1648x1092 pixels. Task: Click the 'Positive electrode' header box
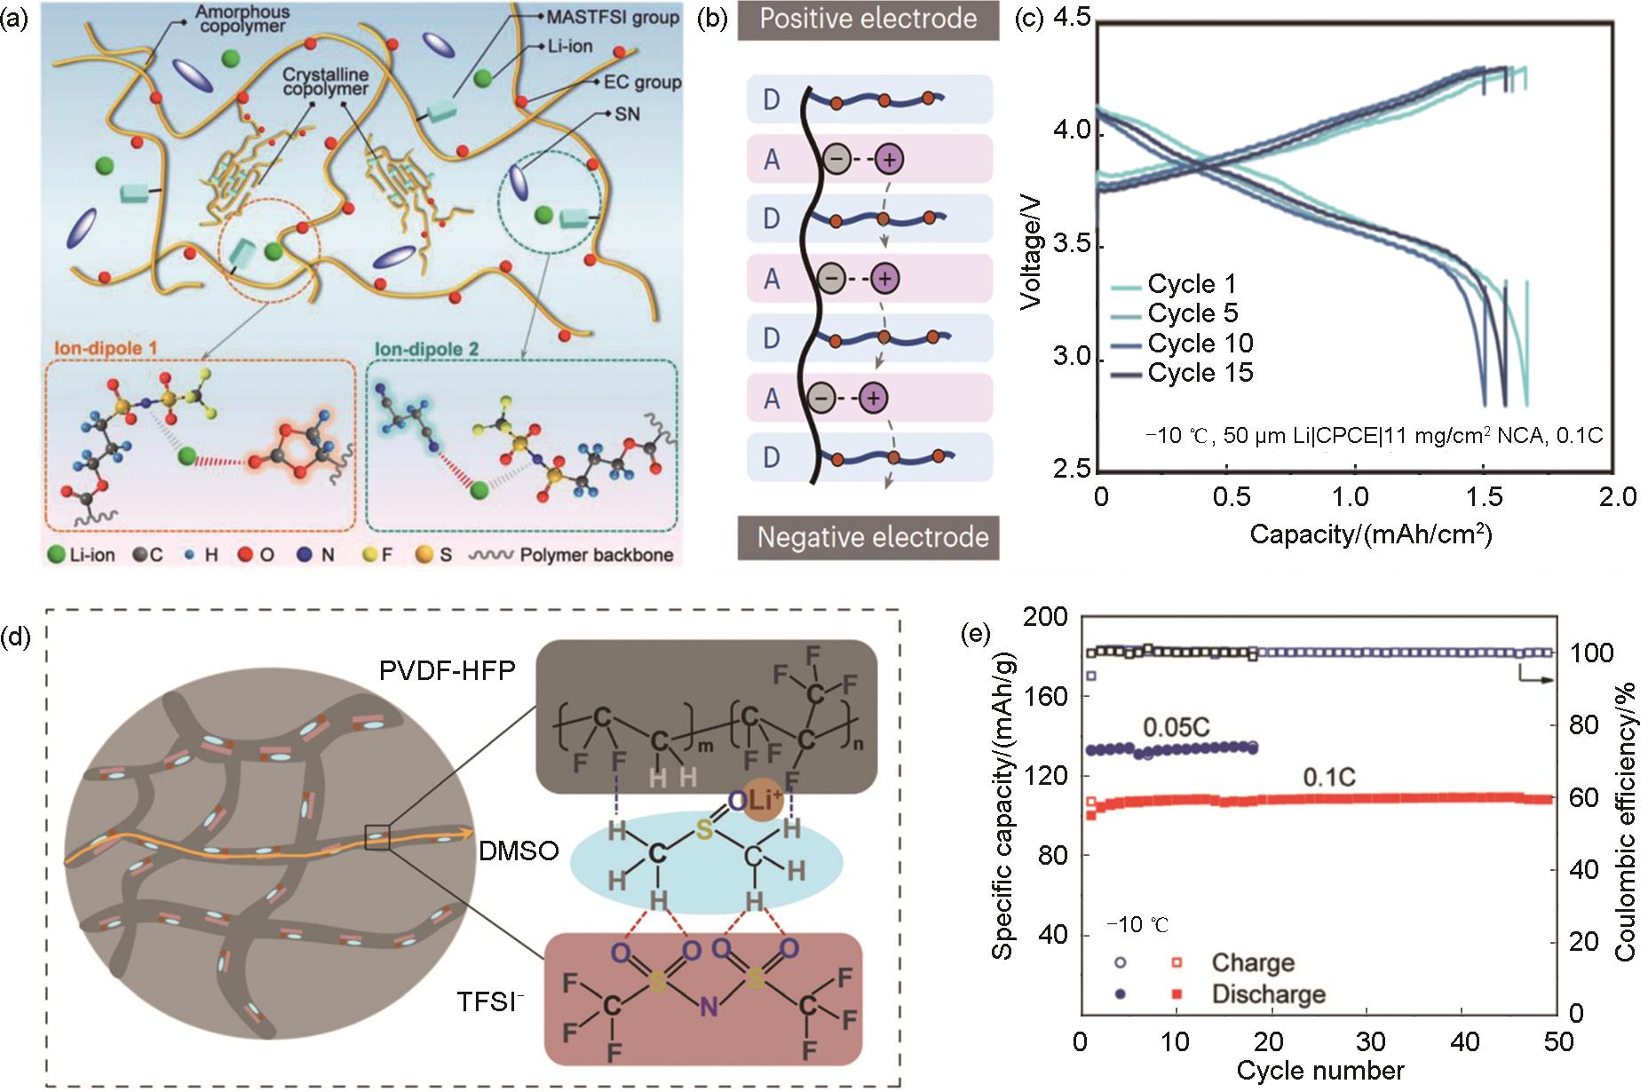pyautogui.click(x=868, y=20)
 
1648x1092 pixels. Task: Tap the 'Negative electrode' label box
pyautogui.click(x=868, y=537)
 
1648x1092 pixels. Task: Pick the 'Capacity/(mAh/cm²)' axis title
pyautogui.click(x=1370, y=534)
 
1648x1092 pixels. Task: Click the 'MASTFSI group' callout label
pyautogui.click(x=613, y=17)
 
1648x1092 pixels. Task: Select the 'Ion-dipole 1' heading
pyautogui.click(x=106, y=348)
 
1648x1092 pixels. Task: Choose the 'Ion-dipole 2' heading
pyautogui.click(x=426, y=349)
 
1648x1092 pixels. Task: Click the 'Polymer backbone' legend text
pyautogui.click(x=597, y=555)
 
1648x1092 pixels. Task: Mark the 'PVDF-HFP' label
pyautogui.click(x=448, y=670)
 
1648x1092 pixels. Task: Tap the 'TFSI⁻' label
pyautogui.click(x=490, y=1001)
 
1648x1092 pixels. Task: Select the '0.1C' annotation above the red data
pyautogui.click(x=1328, y=779)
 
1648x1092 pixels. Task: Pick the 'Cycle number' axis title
pyautogui.click(x=1319, y=1071)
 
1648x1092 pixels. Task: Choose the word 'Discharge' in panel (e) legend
pyautogui.click(x=1268, y=994)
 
